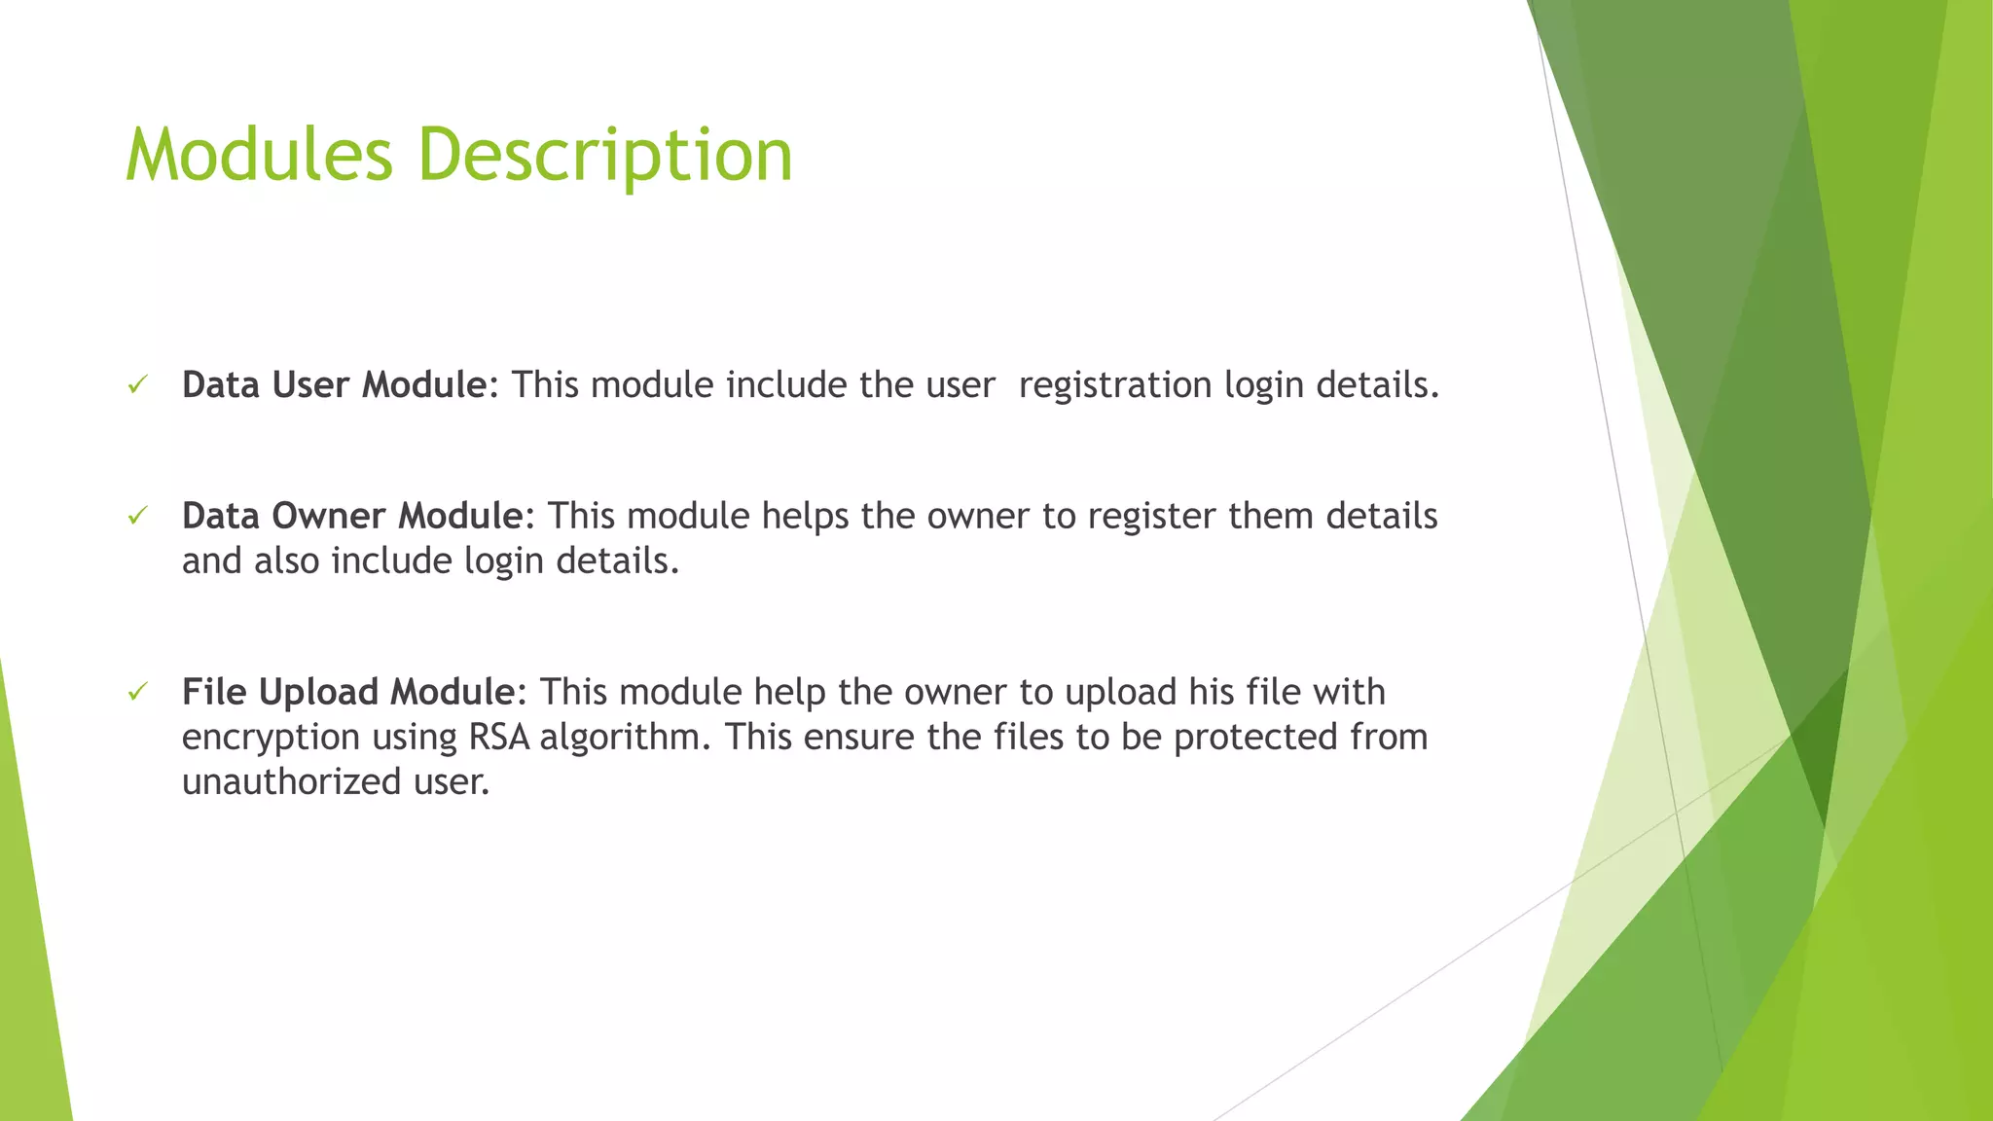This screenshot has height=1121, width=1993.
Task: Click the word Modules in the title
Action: click(259, 156)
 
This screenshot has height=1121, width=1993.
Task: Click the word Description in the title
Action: click(605, 156)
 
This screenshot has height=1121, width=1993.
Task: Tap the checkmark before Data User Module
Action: click(137, 385)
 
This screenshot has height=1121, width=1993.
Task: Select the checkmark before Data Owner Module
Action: click(137, 516)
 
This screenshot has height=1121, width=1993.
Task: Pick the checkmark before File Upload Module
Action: click(137, 692)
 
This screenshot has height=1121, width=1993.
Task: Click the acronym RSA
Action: click(499, 737)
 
